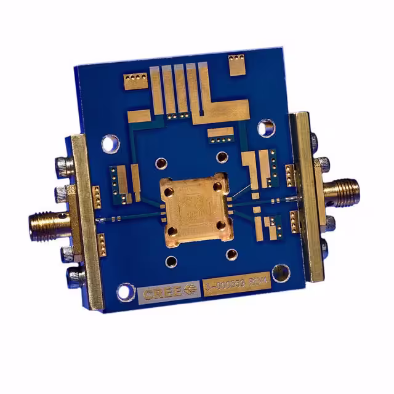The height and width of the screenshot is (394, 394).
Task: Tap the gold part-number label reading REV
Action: [235, 286]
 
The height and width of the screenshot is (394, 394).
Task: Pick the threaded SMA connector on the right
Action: [345, 187]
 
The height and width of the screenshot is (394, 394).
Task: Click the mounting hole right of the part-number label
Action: [281, 273]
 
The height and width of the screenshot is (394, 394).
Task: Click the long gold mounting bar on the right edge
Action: [307, 196]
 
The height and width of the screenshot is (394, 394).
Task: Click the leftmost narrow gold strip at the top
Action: [156, 92]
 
